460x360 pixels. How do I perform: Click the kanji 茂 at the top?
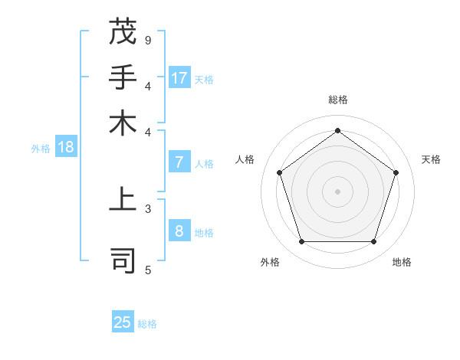123,31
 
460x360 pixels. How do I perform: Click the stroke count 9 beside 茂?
148,40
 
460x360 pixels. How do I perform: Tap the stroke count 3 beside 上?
148,208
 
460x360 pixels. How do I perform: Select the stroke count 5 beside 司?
148,269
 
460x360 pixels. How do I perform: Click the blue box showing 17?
179,78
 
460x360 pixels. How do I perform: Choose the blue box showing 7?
179,162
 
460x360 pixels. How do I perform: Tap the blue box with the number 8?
179,231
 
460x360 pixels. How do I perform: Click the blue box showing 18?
66,148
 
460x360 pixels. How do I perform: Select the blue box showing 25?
123,322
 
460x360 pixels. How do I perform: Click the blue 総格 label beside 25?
147,324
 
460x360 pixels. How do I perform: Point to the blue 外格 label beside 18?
41,149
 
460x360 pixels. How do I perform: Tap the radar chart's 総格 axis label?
337,100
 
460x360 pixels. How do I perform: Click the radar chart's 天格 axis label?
431,159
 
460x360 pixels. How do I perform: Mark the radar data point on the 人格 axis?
279,172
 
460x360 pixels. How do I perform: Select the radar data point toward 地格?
373,242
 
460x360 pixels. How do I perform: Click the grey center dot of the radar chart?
337,191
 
